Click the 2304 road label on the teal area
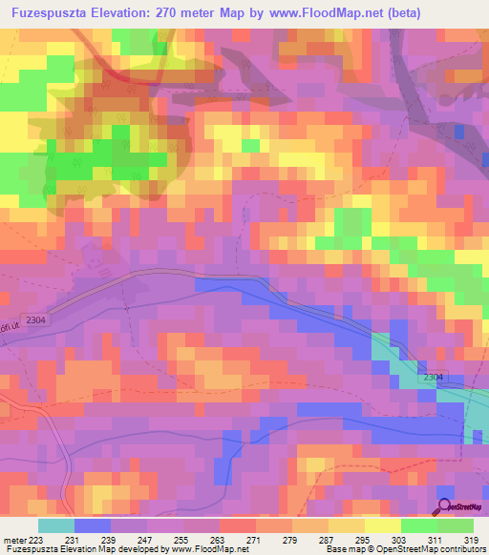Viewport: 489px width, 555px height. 433,379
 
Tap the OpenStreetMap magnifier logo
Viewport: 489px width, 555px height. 444,506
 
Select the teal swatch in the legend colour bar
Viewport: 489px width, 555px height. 55,525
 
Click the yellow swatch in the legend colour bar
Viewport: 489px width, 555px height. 382,525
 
